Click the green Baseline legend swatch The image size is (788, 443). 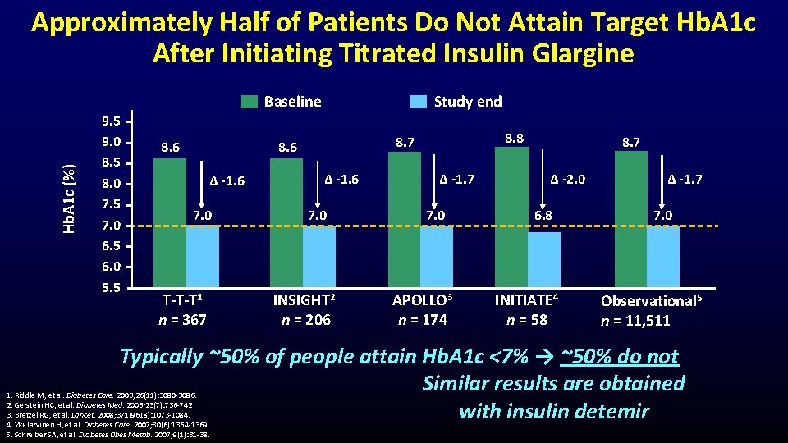[x=249, y=102]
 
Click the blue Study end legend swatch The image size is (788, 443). [x=419, y=102]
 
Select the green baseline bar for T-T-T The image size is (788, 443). [x=170, y=221]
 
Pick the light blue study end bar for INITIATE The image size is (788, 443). [x=544, y=259]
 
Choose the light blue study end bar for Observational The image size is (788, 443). [x=662, y=256]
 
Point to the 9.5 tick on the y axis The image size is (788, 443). [x=111, y=121]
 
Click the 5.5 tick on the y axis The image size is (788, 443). [x=111, y=288]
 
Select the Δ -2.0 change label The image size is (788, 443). [x=567, y=179]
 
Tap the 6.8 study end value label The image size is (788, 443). [x=543, y=216]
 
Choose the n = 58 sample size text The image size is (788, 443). [x=527, y=319]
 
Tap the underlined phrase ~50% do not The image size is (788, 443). [x=620, y=357]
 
